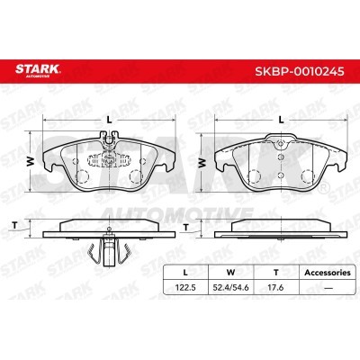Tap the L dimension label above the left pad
(108, 120)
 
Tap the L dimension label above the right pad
(281, 120)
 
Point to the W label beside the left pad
(28, 163)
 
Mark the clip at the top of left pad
(109, 140)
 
